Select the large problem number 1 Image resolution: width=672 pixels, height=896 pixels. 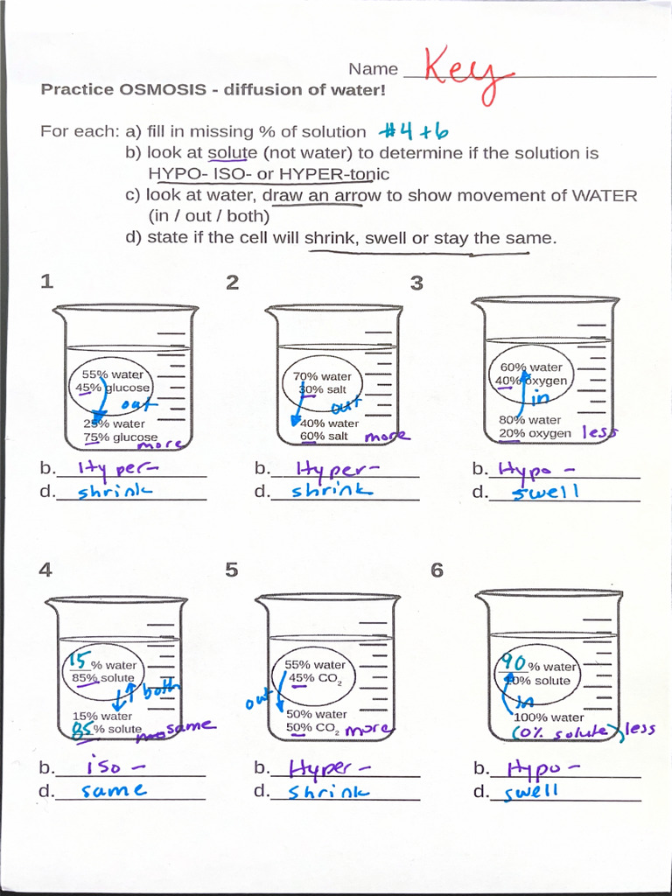point(46,282)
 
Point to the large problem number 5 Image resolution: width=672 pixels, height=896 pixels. point(231,570)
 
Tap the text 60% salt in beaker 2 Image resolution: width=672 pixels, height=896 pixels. point(324,436)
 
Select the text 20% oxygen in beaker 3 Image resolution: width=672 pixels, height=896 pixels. point(535,433)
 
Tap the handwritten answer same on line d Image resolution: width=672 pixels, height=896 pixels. point(114,791)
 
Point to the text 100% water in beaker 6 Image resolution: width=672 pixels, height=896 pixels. point(549,717)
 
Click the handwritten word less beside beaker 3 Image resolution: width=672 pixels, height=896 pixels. point(599,430)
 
